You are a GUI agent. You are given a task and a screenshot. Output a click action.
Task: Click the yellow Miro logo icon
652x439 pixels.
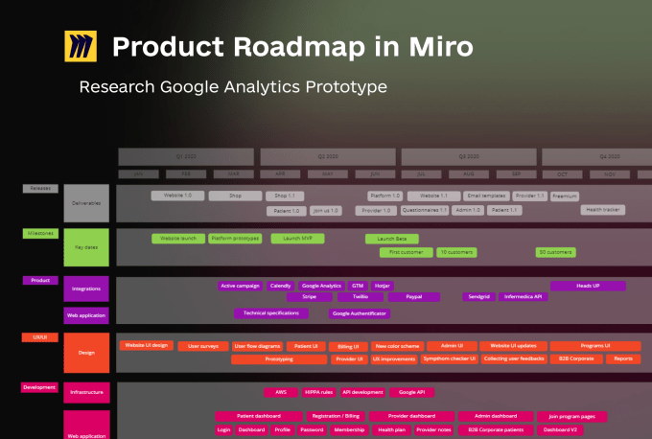81,46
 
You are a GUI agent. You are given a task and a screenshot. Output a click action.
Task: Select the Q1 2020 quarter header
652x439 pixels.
185,155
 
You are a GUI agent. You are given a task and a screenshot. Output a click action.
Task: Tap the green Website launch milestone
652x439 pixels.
176,239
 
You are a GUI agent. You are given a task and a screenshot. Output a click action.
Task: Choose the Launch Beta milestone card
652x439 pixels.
391,239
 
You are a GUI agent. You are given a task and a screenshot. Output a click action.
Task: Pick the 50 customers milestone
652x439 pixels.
555,252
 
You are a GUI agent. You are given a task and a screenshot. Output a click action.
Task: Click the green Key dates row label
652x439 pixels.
85,246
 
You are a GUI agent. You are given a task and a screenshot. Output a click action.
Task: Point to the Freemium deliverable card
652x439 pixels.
565,196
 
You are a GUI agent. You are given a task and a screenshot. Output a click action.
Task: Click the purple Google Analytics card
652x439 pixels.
321,286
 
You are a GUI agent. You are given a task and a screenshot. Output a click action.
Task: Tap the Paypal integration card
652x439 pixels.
412,297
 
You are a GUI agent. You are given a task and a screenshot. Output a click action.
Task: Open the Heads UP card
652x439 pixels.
588,286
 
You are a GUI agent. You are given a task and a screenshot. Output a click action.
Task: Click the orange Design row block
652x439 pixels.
85,353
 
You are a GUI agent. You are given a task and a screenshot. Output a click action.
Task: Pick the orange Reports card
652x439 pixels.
623,358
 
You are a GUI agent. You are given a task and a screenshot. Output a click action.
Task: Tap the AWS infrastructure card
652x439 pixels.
281,392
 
